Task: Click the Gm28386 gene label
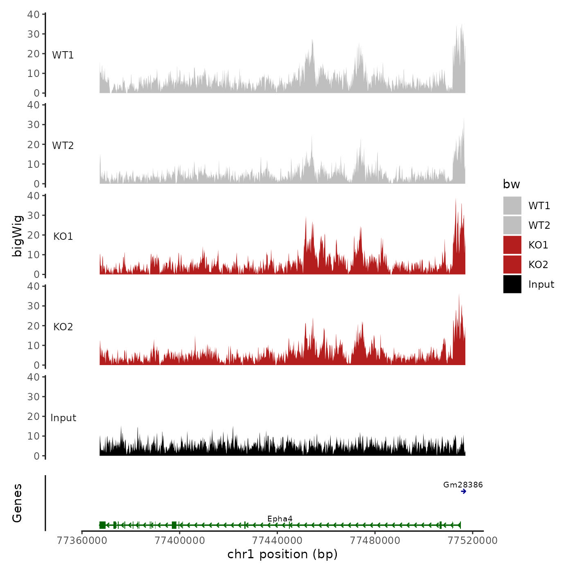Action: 463,485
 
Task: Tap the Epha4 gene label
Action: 280,519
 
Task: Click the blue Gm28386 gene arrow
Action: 463,491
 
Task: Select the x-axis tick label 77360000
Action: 82,541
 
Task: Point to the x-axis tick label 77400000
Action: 180,541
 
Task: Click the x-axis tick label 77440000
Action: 277,541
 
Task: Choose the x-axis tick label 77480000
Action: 375,541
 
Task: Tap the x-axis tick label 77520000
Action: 473,541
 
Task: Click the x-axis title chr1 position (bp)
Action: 282,554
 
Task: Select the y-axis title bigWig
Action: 17,236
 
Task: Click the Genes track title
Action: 17,503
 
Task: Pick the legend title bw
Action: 511,184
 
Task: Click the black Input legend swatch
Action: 512,284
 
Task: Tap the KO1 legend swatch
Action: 512,245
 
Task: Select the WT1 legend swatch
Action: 512,205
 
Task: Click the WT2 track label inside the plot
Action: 63,145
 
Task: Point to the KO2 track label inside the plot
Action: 63,327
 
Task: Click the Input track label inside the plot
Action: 63,417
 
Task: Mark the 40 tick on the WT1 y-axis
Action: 33,14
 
